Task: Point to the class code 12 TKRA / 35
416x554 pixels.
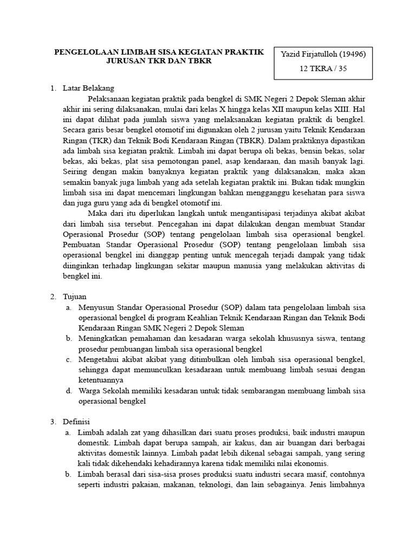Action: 323,69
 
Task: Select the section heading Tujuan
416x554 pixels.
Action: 74,297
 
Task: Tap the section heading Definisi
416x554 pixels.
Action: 76,421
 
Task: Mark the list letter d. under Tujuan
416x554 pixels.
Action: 69,391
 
